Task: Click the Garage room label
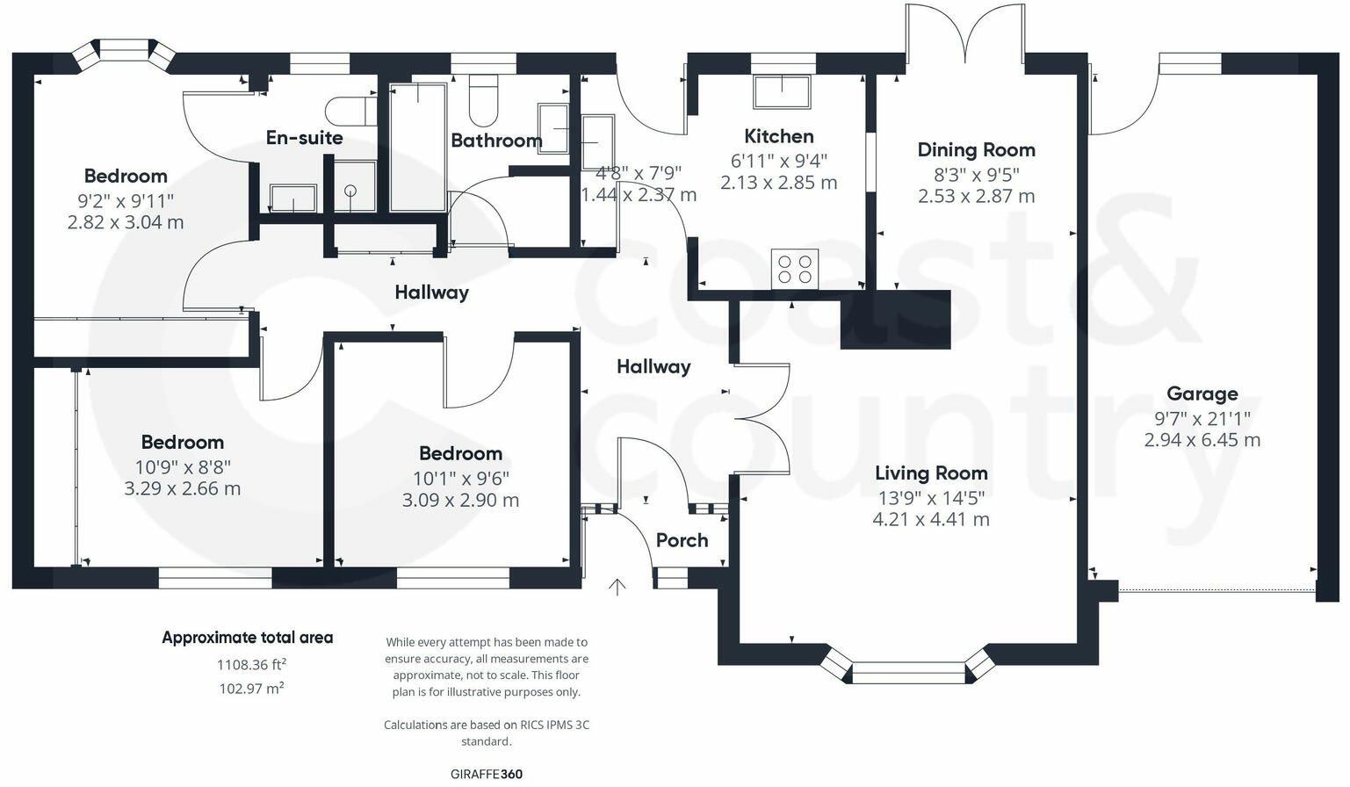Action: coord(1202,393)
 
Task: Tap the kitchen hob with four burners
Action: coord(795,269)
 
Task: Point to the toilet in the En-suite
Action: coord(345,112)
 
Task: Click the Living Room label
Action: coord(931,473)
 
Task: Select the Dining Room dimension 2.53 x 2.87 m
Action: coord(976,196)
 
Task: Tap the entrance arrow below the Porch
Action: coord(617,587)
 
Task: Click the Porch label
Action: coord(682,540)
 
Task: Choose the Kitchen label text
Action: coord(778,136)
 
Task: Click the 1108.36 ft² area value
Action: coord(251,665)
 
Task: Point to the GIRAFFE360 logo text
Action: coord(486,774)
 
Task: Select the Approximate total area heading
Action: coord(247,638)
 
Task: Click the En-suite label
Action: coord(304,138)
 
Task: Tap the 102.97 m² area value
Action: coord(251,689)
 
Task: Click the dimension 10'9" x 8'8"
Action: coord(183,466)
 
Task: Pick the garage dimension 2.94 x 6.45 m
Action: coord(1202,440)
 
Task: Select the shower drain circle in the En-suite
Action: coord(351,190)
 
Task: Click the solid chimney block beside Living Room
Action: coord(895,320)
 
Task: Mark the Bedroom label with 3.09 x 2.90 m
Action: coord(460,453)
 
